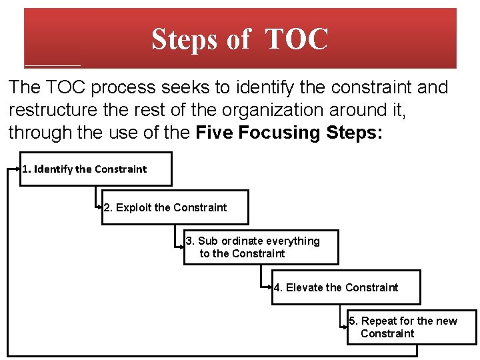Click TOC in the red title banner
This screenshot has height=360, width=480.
click(297, 39)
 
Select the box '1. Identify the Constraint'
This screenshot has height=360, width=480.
click(96, 169)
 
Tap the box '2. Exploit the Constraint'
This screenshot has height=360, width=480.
click(175, 207)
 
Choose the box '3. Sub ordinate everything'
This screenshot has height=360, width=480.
click(261, 247)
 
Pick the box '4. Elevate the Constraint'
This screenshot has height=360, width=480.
click(346, 287)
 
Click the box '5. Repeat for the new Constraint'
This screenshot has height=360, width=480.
click(411, 327)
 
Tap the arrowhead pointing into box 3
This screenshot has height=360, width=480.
click(183, 243)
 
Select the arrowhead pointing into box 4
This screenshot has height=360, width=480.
click(271, 287)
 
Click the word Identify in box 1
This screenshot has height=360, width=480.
click(53, 169)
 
